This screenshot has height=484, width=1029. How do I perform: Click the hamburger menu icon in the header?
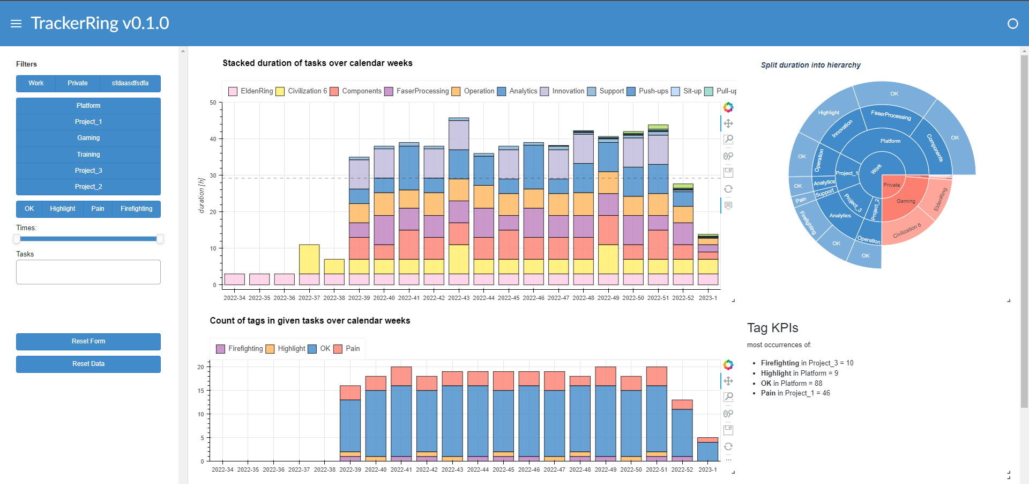(16, 24)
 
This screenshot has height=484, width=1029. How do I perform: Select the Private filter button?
(78, 83)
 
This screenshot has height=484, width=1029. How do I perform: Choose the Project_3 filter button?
(88, 171)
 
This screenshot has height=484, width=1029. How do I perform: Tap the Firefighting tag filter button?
(136, 209)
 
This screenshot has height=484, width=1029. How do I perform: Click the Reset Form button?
(88, 342)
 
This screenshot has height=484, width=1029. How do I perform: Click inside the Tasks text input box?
(88, 272)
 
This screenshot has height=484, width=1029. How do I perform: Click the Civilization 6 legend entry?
(301, 91)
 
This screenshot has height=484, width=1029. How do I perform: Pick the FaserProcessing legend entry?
(416, 91)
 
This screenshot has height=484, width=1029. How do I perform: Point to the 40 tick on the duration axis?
(213, 139)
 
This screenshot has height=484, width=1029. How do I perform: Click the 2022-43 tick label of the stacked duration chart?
(459, 298)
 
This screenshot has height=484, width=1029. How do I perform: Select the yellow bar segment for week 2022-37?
(309, 259)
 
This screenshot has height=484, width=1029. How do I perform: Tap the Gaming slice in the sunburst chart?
(906, 201)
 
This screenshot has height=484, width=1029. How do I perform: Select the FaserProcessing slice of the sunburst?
(890, 115)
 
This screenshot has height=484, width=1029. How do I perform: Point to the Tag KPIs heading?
(772, 328)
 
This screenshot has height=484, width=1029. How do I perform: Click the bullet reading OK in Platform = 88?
(791, 383)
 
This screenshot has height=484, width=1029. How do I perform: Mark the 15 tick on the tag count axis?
(201, 391)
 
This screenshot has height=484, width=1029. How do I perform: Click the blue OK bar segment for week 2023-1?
(707, 451)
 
